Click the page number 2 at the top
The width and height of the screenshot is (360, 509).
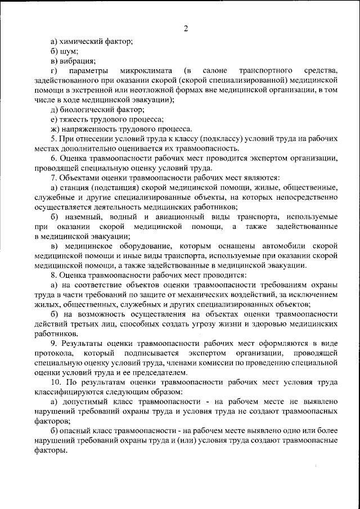pyautogui.click(x=186, y=29)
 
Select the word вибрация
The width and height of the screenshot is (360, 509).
pyautogui.click(x=76, y=61)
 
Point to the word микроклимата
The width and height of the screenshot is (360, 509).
pyautogui.click(x=141, y=70)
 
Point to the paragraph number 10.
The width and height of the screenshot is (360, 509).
pyautogui.click(x=55, y=382)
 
